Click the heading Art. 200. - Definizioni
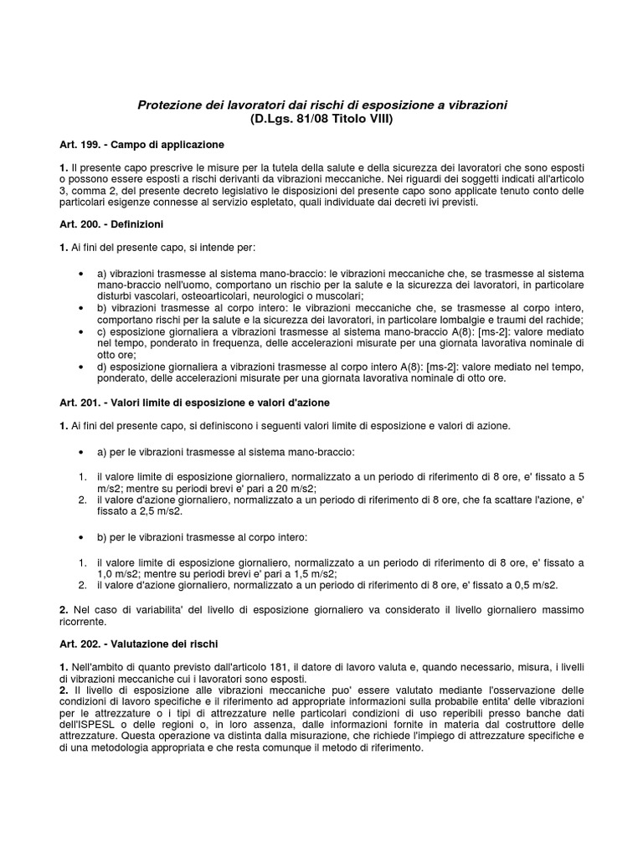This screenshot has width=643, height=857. point(111,225)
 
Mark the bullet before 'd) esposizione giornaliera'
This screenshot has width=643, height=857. point(80,367)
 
